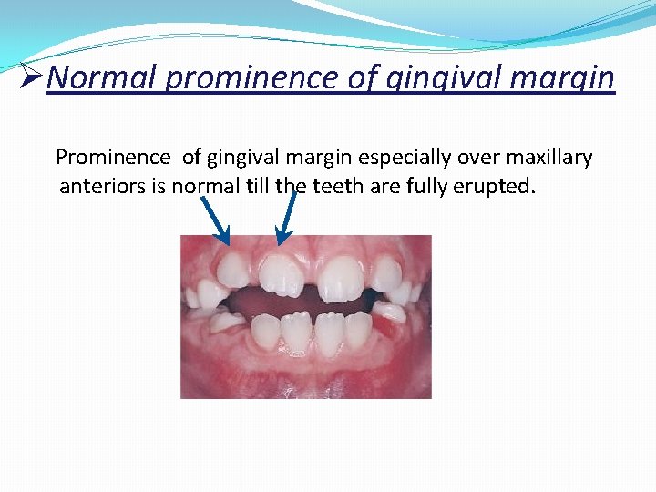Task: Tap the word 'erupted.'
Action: click(498, 188)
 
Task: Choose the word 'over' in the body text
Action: click(486, 158)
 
